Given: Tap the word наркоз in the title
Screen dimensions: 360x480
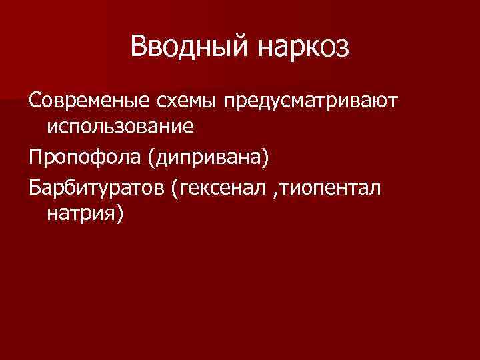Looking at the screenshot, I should click(x=301, y=47).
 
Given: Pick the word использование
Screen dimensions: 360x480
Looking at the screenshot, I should click(x=120, y=126).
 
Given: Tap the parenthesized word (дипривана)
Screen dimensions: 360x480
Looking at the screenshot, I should click(x=209, y=157).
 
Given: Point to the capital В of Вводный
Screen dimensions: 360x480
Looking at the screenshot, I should click(x=139, y=47).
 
